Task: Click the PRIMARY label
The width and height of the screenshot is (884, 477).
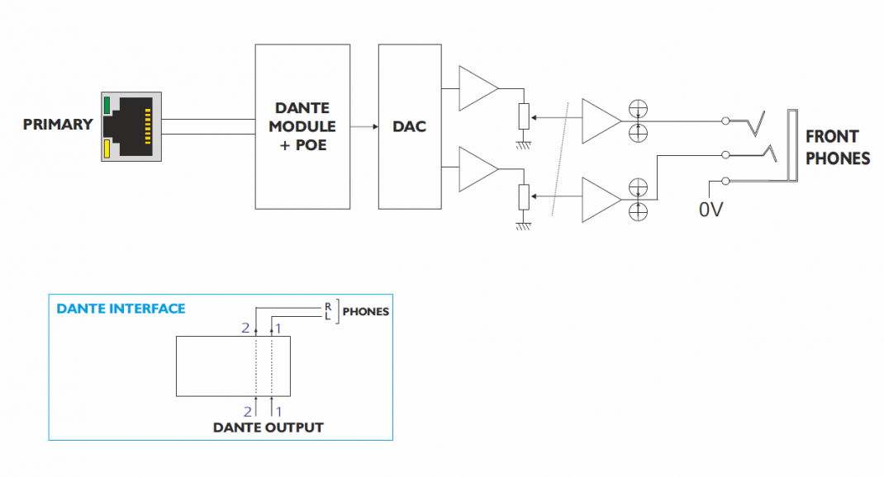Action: tap(58, 125)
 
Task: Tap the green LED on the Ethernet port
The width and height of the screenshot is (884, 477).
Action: tap(107, 105)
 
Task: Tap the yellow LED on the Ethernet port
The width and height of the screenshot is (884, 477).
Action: tap(107, 149)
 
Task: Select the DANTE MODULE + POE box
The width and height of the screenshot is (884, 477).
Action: tap(302, 126)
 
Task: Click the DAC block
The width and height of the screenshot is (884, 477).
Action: tap(410, 126)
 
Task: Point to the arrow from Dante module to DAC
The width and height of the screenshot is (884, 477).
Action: tap(364, 126)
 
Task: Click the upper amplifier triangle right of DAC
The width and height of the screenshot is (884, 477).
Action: tap(476, 87)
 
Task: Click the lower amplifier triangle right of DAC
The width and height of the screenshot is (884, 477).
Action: tap(476, 168)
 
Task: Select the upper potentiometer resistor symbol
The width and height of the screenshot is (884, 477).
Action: tap(523, 117)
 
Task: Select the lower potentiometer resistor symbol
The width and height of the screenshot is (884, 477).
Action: tap(523, 198)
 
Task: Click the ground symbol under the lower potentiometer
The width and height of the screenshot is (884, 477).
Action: tap(523, 225)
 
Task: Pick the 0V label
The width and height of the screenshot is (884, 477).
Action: tap(711, 210)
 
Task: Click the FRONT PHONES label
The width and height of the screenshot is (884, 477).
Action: tap(837, 147)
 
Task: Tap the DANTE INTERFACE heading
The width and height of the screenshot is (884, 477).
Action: tap(121, 309)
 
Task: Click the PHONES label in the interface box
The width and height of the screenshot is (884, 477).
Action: tap(365, 313)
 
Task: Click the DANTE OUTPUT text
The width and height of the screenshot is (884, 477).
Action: tap(268, 427)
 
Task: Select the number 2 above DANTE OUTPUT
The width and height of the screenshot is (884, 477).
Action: tap(246, 409)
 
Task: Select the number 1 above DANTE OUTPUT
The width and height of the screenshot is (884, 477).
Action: tap(278, 409)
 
